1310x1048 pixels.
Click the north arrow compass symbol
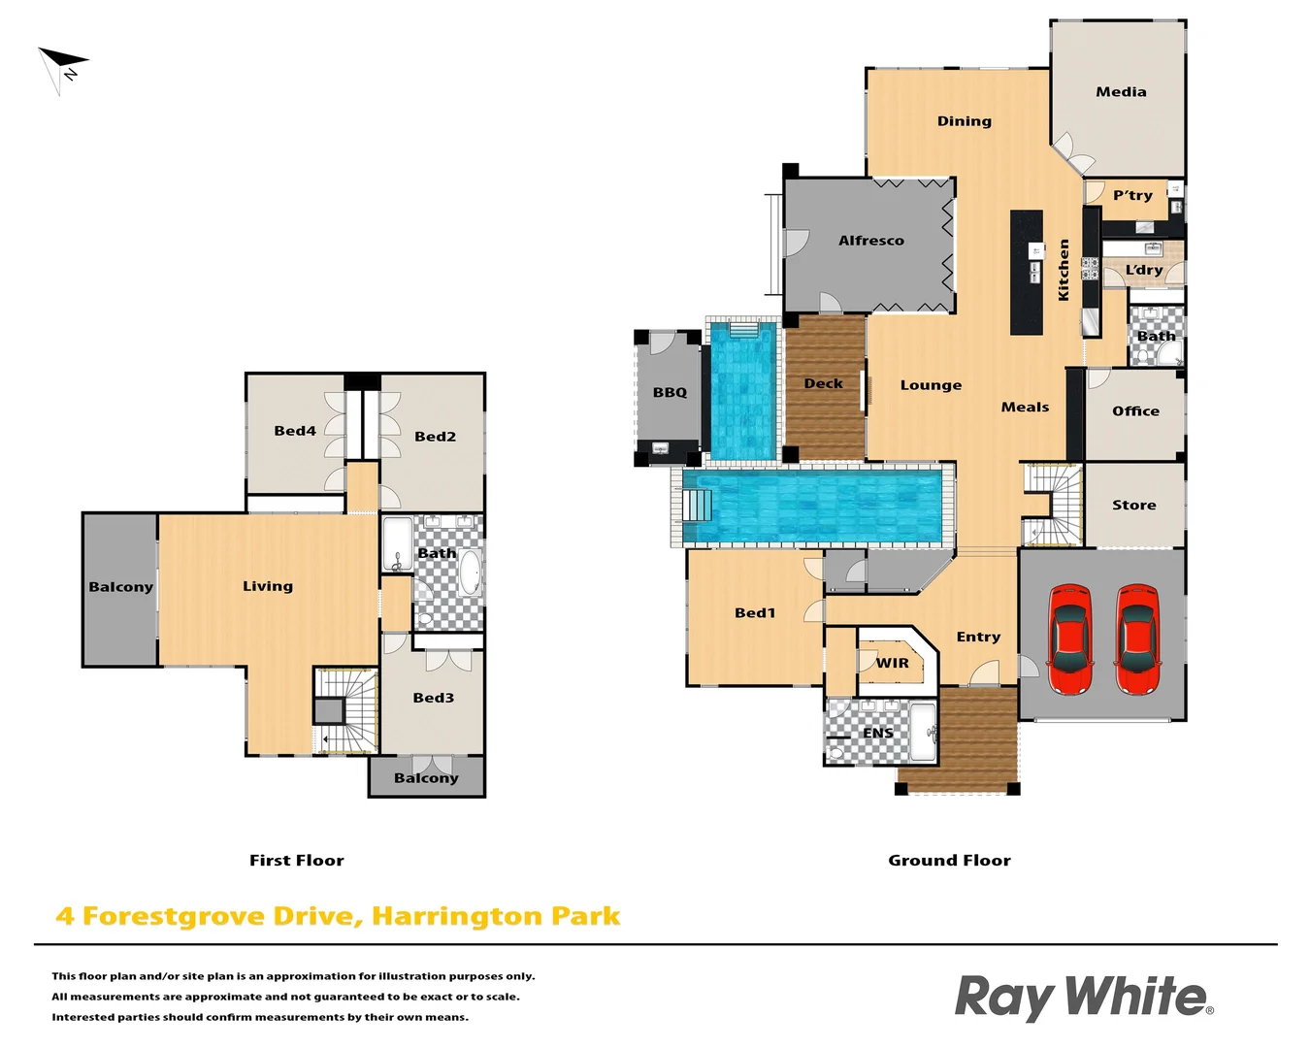pos(62,68)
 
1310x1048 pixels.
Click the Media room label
pos(1121,92)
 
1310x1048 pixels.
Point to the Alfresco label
pos(870,241)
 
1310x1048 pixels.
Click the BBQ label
pos(670,392)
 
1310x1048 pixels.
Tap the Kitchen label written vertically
pos(1064,270)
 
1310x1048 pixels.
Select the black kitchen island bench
pos(1027,273)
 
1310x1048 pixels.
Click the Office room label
pos(1135,411)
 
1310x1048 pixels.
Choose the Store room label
pos(1133,506)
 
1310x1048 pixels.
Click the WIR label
pos(893,664)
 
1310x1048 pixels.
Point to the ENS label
pos(877,734)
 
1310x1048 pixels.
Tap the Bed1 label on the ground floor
pos(755,613)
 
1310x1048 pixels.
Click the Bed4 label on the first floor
pos(295,431)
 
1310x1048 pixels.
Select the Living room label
pos(268,586)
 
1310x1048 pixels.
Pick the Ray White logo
pos(1083,997)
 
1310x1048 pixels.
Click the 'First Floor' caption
pos(296,861)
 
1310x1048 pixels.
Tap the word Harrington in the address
pos(456,917)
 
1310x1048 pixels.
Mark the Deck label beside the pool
pos(823,384)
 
